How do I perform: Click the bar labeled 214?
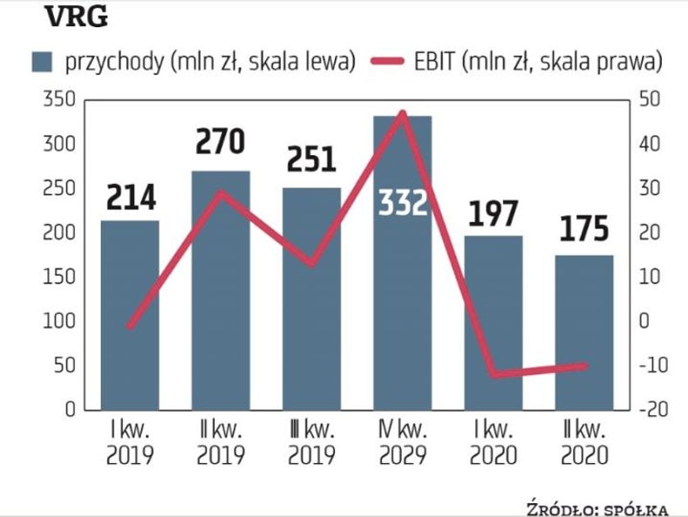[x=130, y=314]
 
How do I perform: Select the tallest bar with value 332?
[x=402, y=262]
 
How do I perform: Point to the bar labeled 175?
[x=584, y=331]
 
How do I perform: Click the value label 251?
[x=311, y=160]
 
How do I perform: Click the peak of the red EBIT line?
[x=402, y=112]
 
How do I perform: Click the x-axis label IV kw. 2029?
[x=402, y=444]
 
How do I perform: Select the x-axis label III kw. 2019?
[x=311, y=444]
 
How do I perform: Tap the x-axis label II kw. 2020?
[x=584, y=444]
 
